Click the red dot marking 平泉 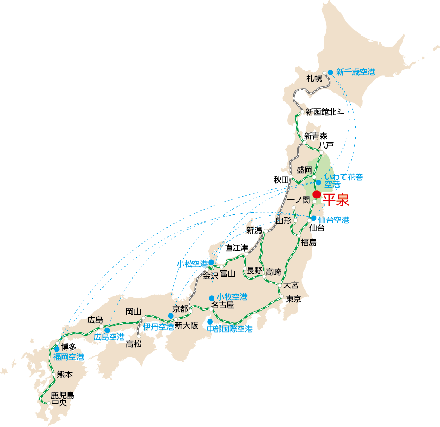click(317, 194)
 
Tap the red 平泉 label click(336, 200)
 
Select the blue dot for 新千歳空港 click(330, 72)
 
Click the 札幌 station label click(314, 78)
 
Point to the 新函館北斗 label click(325, 112)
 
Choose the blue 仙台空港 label click(334, 220)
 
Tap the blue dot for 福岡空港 click(57, 349)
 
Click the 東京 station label click(293, 299)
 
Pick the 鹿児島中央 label click(62, 399)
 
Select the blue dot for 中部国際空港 click(210, 321)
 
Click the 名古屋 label click(223, 305)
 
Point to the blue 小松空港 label click(192, 264)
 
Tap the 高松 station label click(134, 344)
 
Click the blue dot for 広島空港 click(107, 330)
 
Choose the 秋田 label click(281, 180)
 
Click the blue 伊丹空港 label click(159, 326)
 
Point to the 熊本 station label click(65, 374)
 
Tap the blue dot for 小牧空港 click(212, 298)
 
